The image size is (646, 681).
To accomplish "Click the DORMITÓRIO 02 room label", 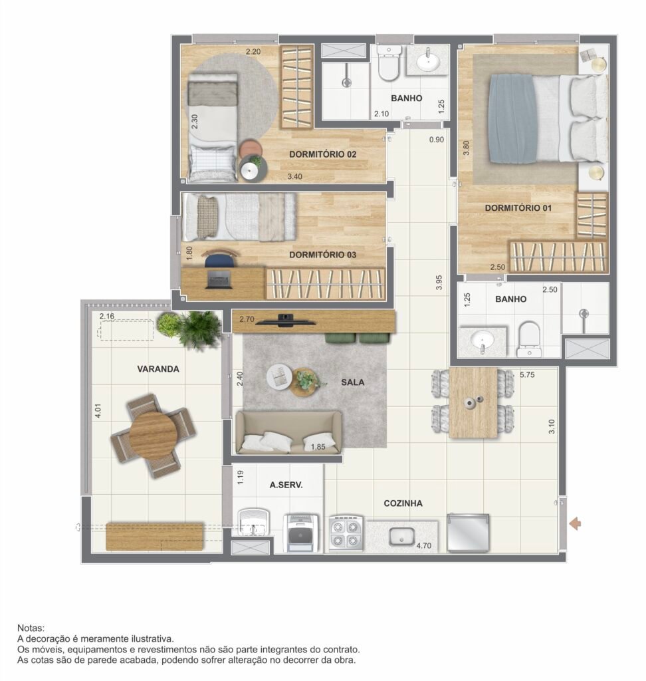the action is pos(322,154).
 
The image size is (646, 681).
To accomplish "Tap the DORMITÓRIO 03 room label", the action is pos(322,255).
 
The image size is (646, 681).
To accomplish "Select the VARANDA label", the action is pos(158,368).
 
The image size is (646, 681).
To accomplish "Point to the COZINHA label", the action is pos(403,503).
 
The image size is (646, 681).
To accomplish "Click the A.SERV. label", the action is pos(286,485).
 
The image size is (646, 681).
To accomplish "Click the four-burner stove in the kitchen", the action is pos(346,534).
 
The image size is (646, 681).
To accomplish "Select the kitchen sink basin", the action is pos(401,537).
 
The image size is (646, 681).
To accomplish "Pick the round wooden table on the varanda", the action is pos(153,435).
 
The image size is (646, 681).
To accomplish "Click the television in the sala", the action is pos(285,321).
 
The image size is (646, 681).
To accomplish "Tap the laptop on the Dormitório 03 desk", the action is pos(219,279).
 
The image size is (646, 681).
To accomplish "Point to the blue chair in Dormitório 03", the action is pos(219,259).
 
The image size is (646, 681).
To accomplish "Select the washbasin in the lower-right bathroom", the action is pos(483,340).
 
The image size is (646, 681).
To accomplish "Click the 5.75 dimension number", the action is pos(527,374).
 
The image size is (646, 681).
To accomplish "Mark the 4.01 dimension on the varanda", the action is pos(98,411).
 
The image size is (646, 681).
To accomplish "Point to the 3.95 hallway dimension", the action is pos(439,282).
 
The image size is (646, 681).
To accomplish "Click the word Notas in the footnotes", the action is pos(31,628).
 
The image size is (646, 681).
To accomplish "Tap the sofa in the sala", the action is pos(288,432).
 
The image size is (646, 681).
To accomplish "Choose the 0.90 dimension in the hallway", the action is pos(436,140).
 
